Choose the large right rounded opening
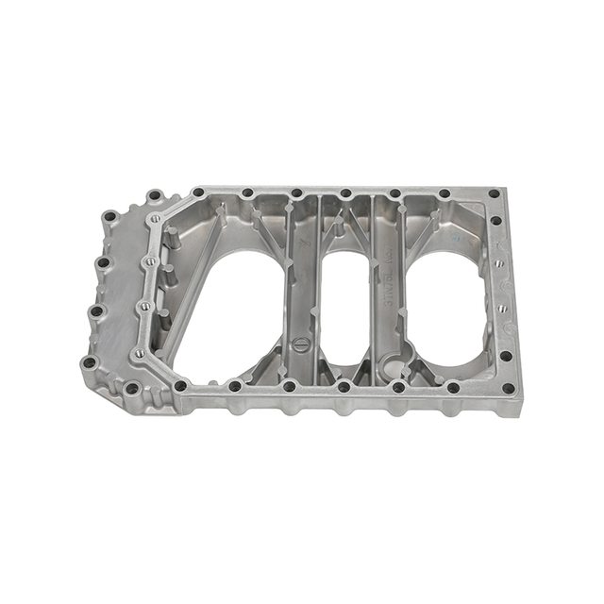(x=444, y=302)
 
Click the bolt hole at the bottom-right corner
(x=508, y=388)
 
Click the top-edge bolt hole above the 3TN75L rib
(x=394, y=193)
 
